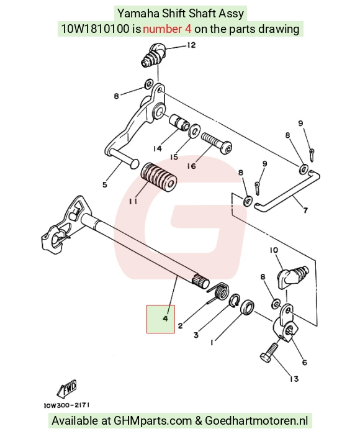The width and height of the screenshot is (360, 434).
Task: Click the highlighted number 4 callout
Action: coord(165,319)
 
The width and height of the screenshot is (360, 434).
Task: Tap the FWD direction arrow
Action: coord(66,388)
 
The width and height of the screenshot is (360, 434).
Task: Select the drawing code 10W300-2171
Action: coord(66,405)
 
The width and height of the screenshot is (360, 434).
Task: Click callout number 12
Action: coord(191,45)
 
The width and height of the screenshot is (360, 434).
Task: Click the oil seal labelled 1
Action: coord(248,307)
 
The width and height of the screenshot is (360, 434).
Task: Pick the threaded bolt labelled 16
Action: coord(217,143)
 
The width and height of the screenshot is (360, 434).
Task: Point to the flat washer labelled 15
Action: coord(195,130)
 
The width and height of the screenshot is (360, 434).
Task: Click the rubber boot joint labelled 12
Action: coord(153,55)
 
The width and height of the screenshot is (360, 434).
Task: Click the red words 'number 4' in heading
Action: coord(167,29)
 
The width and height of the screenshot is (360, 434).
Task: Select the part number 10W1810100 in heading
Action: coord(95,29)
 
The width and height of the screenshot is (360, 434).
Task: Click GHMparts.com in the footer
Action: coord(153,421)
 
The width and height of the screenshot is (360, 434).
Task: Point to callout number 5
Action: coord(105,184)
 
